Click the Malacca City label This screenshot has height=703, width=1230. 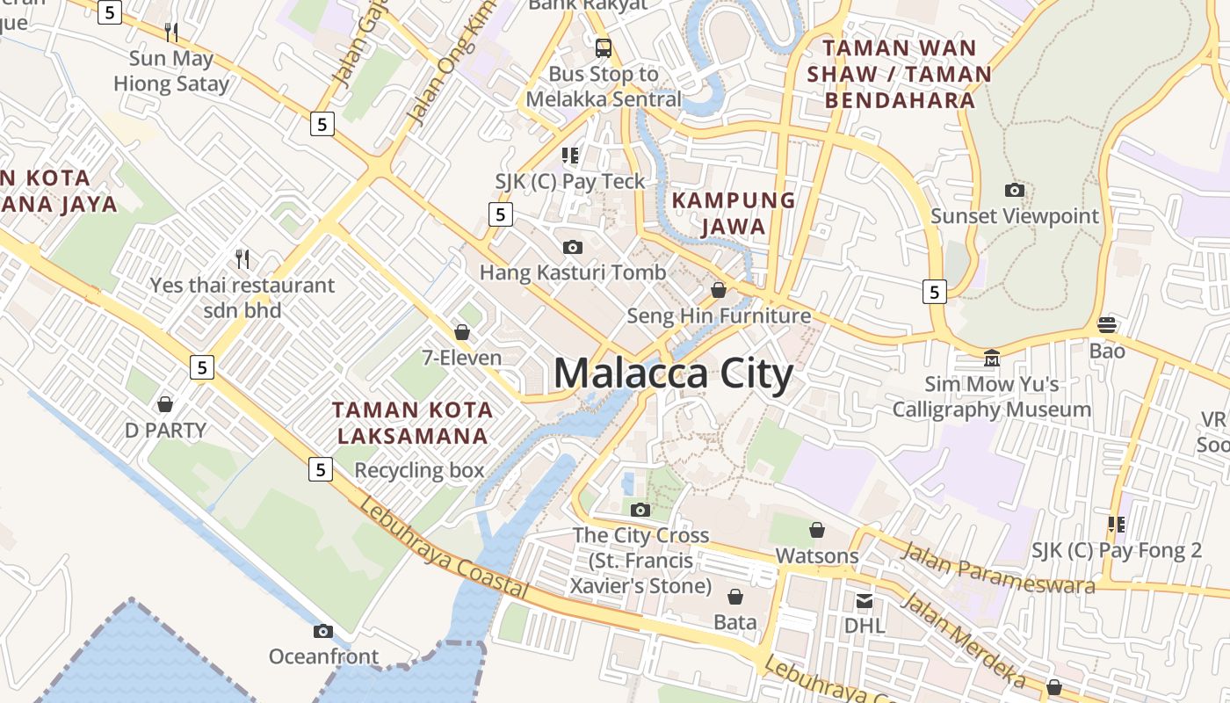[x=673, y=373]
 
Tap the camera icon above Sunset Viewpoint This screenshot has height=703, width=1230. [x=1014, y=190]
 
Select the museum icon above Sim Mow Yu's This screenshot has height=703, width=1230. [x=992, y=358]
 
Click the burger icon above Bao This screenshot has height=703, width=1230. [x=1107, y=325]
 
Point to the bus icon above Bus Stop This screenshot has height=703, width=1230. [x=603, y=47]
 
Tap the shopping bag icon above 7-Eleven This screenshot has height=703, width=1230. [x=461, y=332]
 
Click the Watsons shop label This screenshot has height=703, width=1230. [x=817, y=555]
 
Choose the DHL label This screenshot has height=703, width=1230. [x=865, y=626]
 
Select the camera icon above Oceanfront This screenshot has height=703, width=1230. [x=323, y=631]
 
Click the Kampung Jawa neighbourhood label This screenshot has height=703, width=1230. [x=734, y=213]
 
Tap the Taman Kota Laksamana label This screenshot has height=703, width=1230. [x=413, y=423]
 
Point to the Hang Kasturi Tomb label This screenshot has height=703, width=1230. [x=573, y=272]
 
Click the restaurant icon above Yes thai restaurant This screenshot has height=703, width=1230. [x=242, y=259]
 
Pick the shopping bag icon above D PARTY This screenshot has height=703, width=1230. [x=164, y=404]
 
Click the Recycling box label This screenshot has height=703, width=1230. [x=419, y=470]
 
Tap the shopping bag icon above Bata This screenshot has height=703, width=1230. [x=734, y=598]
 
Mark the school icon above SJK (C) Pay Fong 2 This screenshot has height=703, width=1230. [x=1117, y=525]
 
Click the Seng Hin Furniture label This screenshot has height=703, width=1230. [x=719, y=315]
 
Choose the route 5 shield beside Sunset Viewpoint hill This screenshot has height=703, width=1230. [x=934, y=291]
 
